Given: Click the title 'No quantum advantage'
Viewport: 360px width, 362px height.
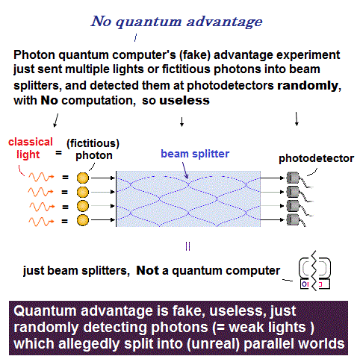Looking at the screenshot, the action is tap(176, 22).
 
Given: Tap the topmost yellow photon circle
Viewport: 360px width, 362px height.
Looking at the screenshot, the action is tap(83, 178).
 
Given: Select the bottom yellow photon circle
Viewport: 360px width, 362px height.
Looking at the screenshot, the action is tap(83, 220).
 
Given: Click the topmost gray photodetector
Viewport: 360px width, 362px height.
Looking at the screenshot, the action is tap(293, 178).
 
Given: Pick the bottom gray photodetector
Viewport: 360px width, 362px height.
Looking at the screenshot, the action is tap(293, 219).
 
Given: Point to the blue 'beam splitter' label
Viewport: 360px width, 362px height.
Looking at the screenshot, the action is tap(195, 154).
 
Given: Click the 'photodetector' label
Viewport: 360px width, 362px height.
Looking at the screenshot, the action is tap(316, 158).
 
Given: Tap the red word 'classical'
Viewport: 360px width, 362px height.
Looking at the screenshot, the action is tap(31, 142).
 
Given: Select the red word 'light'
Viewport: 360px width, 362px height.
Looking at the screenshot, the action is tap(28, 155).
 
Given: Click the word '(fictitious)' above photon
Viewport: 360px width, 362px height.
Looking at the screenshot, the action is tap(93, 143).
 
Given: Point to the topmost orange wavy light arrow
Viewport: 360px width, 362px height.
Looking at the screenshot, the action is tap(41, 177).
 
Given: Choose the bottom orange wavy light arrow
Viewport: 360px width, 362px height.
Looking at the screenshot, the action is tap(41, 222).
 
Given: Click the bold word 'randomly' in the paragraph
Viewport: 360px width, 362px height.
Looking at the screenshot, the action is tap(308, 86).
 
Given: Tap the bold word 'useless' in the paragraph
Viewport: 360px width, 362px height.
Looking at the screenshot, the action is tap(184, 101).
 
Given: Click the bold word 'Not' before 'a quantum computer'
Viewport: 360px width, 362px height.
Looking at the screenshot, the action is tap(147, 270).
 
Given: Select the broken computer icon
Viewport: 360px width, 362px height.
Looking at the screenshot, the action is tap(315, 271).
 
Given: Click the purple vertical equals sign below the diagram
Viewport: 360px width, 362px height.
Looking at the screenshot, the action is tap(188, 246).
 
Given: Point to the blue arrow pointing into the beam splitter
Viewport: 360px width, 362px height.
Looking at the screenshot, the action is tap(185, 170).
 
